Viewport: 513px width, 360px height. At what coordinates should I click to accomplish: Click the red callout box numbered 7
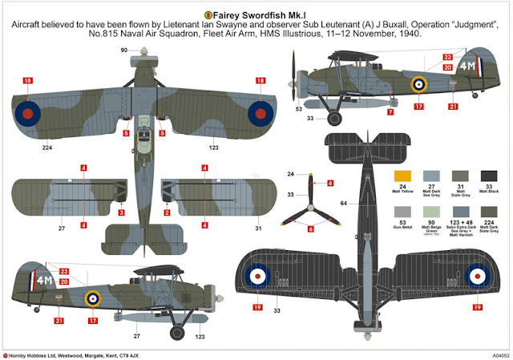point(390,112)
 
